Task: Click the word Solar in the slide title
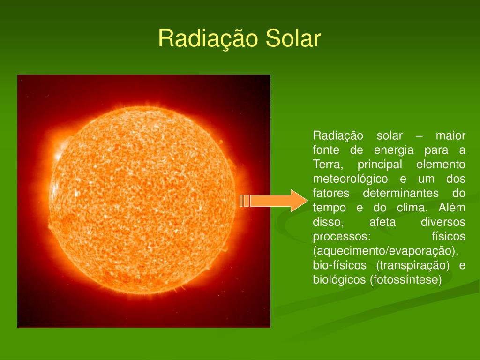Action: [x=293, y=38]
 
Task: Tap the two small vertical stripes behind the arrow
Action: [x=244, y=201]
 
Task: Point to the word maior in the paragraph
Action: [x=450, y=136]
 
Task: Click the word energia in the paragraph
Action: [x=394, y=150]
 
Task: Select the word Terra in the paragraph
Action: [x=328, y=165]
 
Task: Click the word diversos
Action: [x=443, y=222]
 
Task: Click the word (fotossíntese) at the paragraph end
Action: [x=406, y=280]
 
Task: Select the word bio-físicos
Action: [x=340, y=266]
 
